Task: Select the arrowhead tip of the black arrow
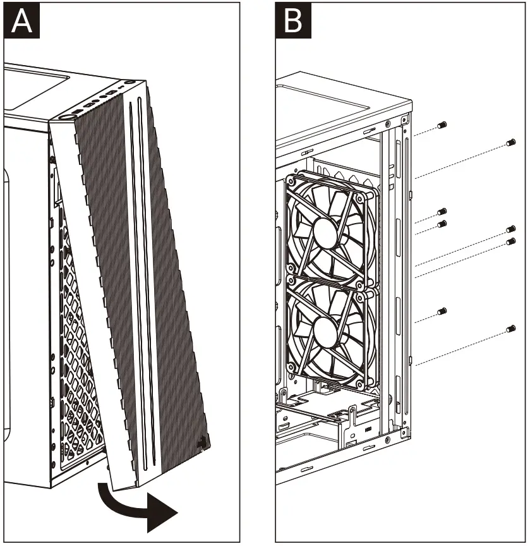(x=174, y=510)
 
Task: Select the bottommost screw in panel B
(x=512, y=329)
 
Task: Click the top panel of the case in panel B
(x=341, y=95)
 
